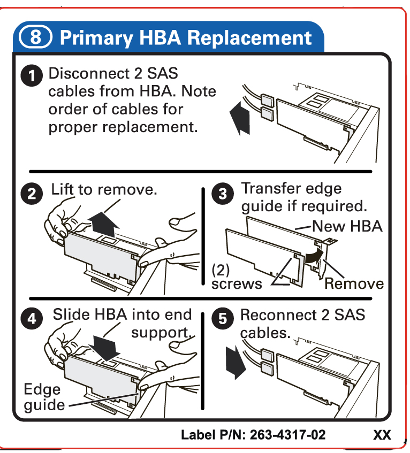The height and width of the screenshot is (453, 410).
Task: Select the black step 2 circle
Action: (33, 194)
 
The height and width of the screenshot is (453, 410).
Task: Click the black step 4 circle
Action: (33, 319)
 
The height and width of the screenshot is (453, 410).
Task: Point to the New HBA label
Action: (347, 226)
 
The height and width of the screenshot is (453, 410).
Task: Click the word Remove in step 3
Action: (354, 283)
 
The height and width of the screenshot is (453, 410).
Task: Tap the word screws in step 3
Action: (237, 283)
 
